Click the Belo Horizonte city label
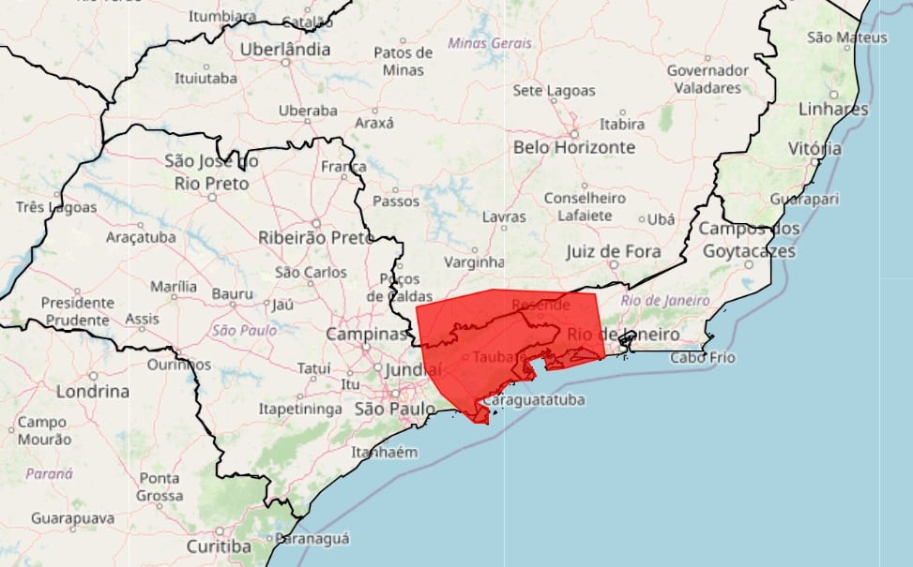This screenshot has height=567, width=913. (573, 147)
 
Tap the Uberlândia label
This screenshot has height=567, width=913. (285, 50)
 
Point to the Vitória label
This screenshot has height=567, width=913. (814, 148)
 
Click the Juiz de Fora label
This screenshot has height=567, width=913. (613, 251)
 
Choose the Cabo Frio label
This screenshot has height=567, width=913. (703, 357)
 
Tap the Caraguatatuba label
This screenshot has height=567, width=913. (534, 400)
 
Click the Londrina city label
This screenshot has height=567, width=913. (92, 392)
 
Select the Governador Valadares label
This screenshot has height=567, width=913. (708, 79)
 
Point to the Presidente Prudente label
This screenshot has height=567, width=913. (77, 311)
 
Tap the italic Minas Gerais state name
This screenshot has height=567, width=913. (489, 43)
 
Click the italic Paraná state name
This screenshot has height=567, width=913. (49, 473)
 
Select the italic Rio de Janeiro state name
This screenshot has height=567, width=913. (665, 300)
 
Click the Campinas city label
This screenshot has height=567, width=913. (367, 334)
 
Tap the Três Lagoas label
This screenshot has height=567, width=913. (56, 207)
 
